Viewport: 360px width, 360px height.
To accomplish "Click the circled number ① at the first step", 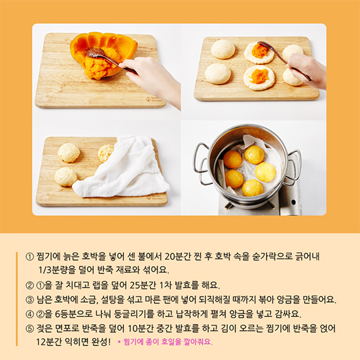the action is point(29,257).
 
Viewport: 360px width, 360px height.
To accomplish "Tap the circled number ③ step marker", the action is point(29,299).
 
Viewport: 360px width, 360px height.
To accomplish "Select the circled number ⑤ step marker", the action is point(29,329).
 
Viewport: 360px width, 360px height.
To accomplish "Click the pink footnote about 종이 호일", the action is point(165,342).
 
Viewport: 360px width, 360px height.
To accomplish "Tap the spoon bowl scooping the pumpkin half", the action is point(93,53).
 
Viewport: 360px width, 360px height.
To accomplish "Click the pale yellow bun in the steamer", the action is point(265,172).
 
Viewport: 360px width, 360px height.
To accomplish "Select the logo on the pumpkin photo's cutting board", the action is point(153,99).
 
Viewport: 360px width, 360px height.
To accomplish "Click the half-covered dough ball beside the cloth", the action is point(106,153).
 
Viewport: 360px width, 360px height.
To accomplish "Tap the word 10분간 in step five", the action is point(141,329).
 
